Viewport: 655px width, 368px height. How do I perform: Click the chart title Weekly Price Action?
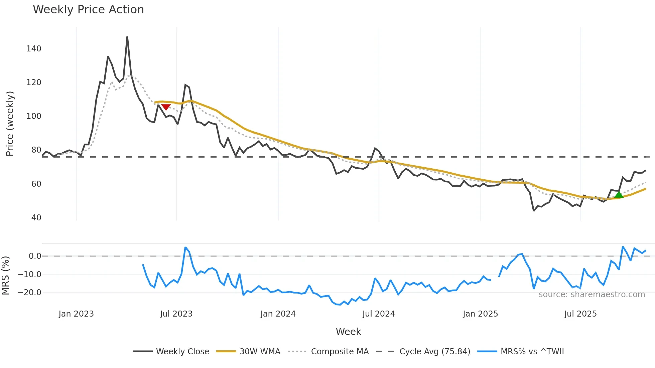[88, 10]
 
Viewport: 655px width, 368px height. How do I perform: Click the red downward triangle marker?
[166, 107]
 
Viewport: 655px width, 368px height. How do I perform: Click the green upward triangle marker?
[619, 195]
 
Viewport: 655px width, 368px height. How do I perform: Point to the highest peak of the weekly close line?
[127, 37]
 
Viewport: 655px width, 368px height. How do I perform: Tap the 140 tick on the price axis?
[34, 49]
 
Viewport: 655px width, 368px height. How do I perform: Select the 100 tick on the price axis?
[34, 116]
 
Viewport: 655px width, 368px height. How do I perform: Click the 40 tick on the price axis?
[36, 218]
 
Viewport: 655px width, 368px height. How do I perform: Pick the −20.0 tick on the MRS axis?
[29, 293]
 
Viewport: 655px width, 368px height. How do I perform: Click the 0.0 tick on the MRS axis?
[35, 256]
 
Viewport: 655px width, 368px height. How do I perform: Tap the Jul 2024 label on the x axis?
[379, 314]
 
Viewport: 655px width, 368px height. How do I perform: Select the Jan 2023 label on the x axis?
[76, 314]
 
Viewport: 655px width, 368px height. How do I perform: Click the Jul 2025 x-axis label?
[580, 314]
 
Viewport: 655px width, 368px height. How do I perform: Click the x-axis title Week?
[348, 332]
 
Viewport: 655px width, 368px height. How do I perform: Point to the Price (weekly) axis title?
[10, 124]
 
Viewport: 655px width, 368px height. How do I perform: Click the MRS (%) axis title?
[5, 275]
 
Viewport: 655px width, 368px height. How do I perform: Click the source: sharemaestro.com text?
[592, 295]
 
